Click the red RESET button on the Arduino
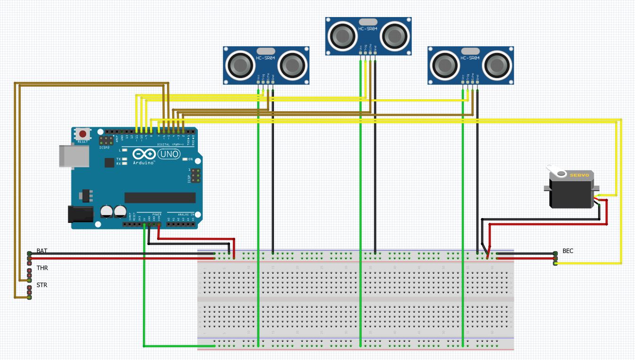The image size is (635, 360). tap(83, 134)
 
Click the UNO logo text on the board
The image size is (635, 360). tap(168, 154)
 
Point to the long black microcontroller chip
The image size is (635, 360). tap(159, 197)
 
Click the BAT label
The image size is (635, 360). tap(42, 251)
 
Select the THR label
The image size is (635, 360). tap(42, 268)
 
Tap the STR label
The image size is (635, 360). tap(42, 285)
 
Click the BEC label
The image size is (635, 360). tap(568, 251)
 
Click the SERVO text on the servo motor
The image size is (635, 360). tap(579, 176)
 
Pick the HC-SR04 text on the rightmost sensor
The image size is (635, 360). tap(470, 58)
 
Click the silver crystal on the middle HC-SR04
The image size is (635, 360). tap(368, 22)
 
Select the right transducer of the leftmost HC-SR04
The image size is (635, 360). tap(292, 65)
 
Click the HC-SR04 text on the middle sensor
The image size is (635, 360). tap(368, 29)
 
